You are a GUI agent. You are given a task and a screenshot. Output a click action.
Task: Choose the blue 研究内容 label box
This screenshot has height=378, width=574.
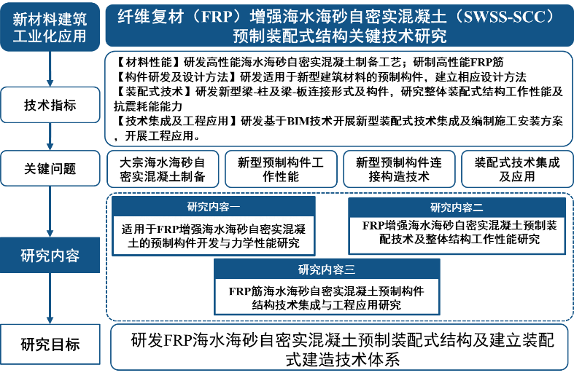click(50, 256)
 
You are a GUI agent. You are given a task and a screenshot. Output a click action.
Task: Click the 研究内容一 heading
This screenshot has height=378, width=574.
click(214, 206)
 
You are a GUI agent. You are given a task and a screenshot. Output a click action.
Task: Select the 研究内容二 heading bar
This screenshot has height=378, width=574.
click(457, 208)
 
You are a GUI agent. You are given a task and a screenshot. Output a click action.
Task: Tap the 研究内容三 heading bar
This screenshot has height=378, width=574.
click(327, 269)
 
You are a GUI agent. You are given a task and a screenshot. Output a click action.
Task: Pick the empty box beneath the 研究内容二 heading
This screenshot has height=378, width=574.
click(457, 235)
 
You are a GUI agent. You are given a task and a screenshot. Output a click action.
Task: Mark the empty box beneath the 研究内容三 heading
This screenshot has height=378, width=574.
click(327, 296)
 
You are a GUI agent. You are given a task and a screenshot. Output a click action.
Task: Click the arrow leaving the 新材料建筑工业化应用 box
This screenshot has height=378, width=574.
click(50, 69)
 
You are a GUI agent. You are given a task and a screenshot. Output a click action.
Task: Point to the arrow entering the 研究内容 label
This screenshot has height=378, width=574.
click(50, 211)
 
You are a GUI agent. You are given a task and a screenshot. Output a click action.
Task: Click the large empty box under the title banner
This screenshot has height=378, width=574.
click(339, 98)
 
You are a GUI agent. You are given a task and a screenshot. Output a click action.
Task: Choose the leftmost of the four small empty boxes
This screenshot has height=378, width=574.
click(163, 169)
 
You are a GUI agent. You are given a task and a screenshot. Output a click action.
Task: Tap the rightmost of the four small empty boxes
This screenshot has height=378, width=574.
click(517, 169)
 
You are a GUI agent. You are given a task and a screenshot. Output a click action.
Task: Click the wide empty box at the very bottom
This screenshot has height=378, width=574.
click(339, 347)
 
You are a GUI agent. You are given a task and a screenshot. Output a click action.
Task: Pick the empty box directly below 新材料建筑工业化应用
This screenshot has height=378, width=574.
click(50, 105)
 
